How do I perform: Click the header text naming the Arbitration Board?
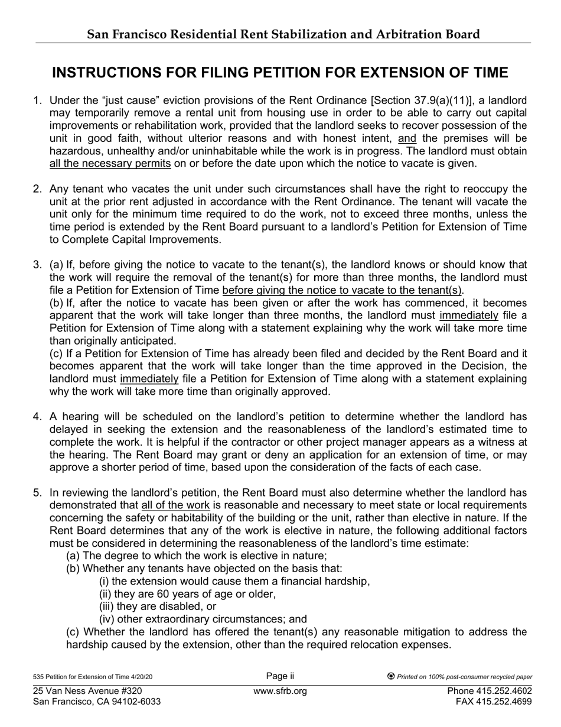coord(283,34)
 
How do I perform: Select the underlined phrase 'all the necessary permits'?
coord(110,164)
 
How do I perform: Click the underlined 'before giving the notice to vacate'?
coord(343,290)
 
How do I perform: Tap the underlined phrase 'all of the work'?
coord(175,505)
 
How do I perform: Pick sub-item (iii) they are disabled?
coord(158,606)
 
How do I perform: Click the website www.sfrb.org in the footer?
coord(280,692)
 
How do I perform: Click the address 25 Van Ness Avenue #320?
coord(87,692)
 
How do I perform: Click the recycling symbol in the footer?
coord(391,677)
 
